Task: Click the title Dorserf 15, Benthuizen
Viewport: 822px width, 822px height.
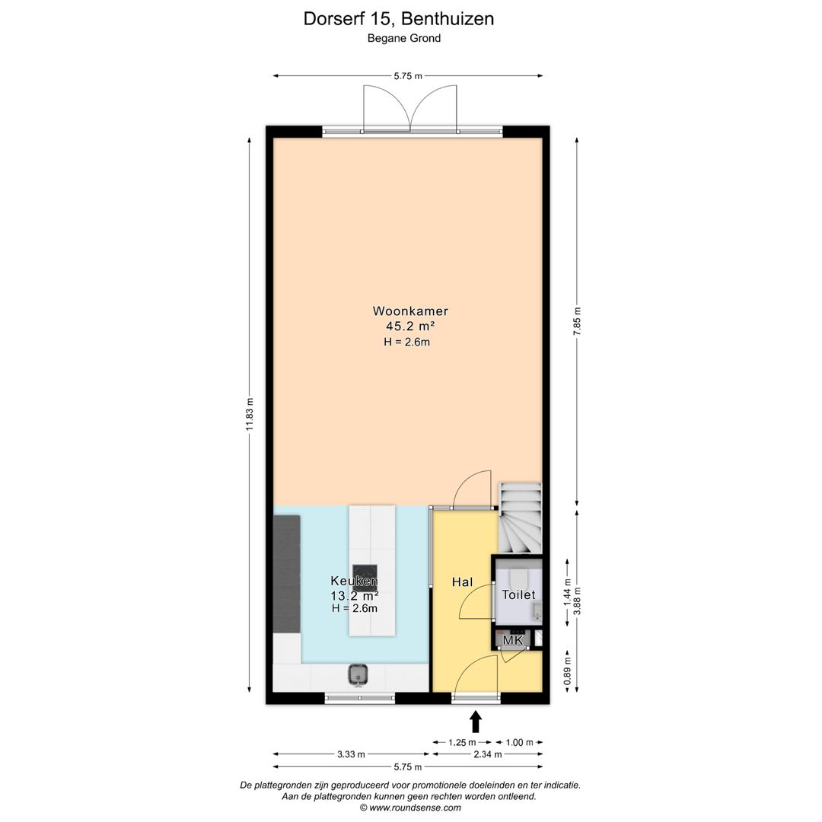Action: [398, 19]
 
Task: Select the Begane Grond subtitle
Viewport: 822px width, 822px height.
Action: [403, 38]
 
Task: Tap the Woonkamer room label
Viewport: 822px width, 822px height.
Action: [409, 311]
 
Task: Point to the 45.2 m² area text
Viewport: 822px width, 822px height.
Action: [409, 326]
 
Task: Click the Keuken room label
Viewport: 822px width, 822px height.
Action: [354, 581]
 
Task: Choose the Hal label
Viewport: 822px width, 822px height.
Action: [462, 582]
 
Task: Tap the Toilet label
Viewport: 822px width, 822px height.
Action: [518, 594]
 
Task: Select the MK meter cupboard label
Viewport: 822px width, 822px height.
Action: [513, 641]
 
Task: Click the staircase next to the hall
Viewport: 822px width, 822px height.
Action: [521, 518]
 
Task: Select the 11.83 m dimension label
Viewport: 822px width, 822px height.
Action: [250, 415]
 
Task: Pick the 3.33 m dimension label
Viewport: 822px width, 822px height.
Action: [351, 754]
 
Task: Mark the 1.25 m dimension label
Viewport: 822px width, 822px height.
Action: [462, 742]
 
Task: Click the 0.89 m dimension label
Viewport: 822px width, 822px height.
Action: [566, 671]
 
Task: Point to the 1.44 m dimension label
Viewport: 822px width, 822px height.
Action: [566, 593]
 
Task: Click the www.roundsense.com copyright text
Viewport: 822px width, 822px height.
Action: [410, 808]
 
